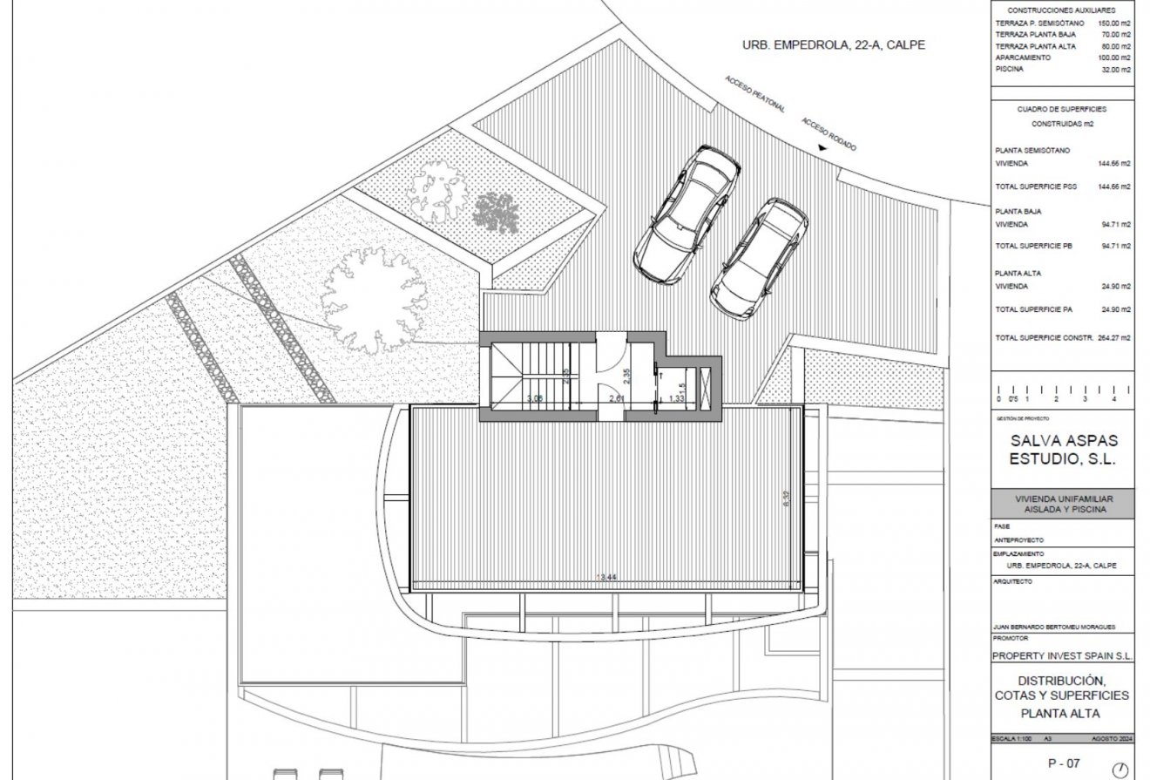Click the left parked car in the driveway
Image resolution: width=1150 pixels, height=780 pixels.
click(x=689, y=214)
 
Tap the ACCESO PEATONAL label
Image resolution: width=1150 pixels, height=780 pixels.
click(x=755, y=94)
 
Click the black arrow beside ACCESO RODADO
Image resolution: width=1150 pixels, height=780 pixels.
click(x=823, y=151)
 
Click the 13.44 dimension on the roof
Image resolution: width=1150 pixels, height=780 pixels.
click(x=607, y=577)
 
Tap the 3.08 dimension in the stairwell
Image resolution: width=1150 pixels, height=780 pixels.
click(x=534, y=398)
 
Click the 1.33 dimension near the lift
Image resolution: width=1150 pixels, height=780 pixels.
click(x=676, y=398)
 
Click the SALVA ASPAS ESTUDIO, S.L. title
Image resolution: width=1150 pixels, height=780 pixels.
click(x=1063, y=451)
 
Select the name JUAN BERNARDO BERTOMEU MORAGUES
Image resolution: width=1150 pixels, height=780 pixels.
click(x=1054, y=627)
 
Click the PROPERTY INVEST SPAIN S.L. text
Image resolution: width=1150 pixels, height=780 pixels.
click(x=1063, y=655)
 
